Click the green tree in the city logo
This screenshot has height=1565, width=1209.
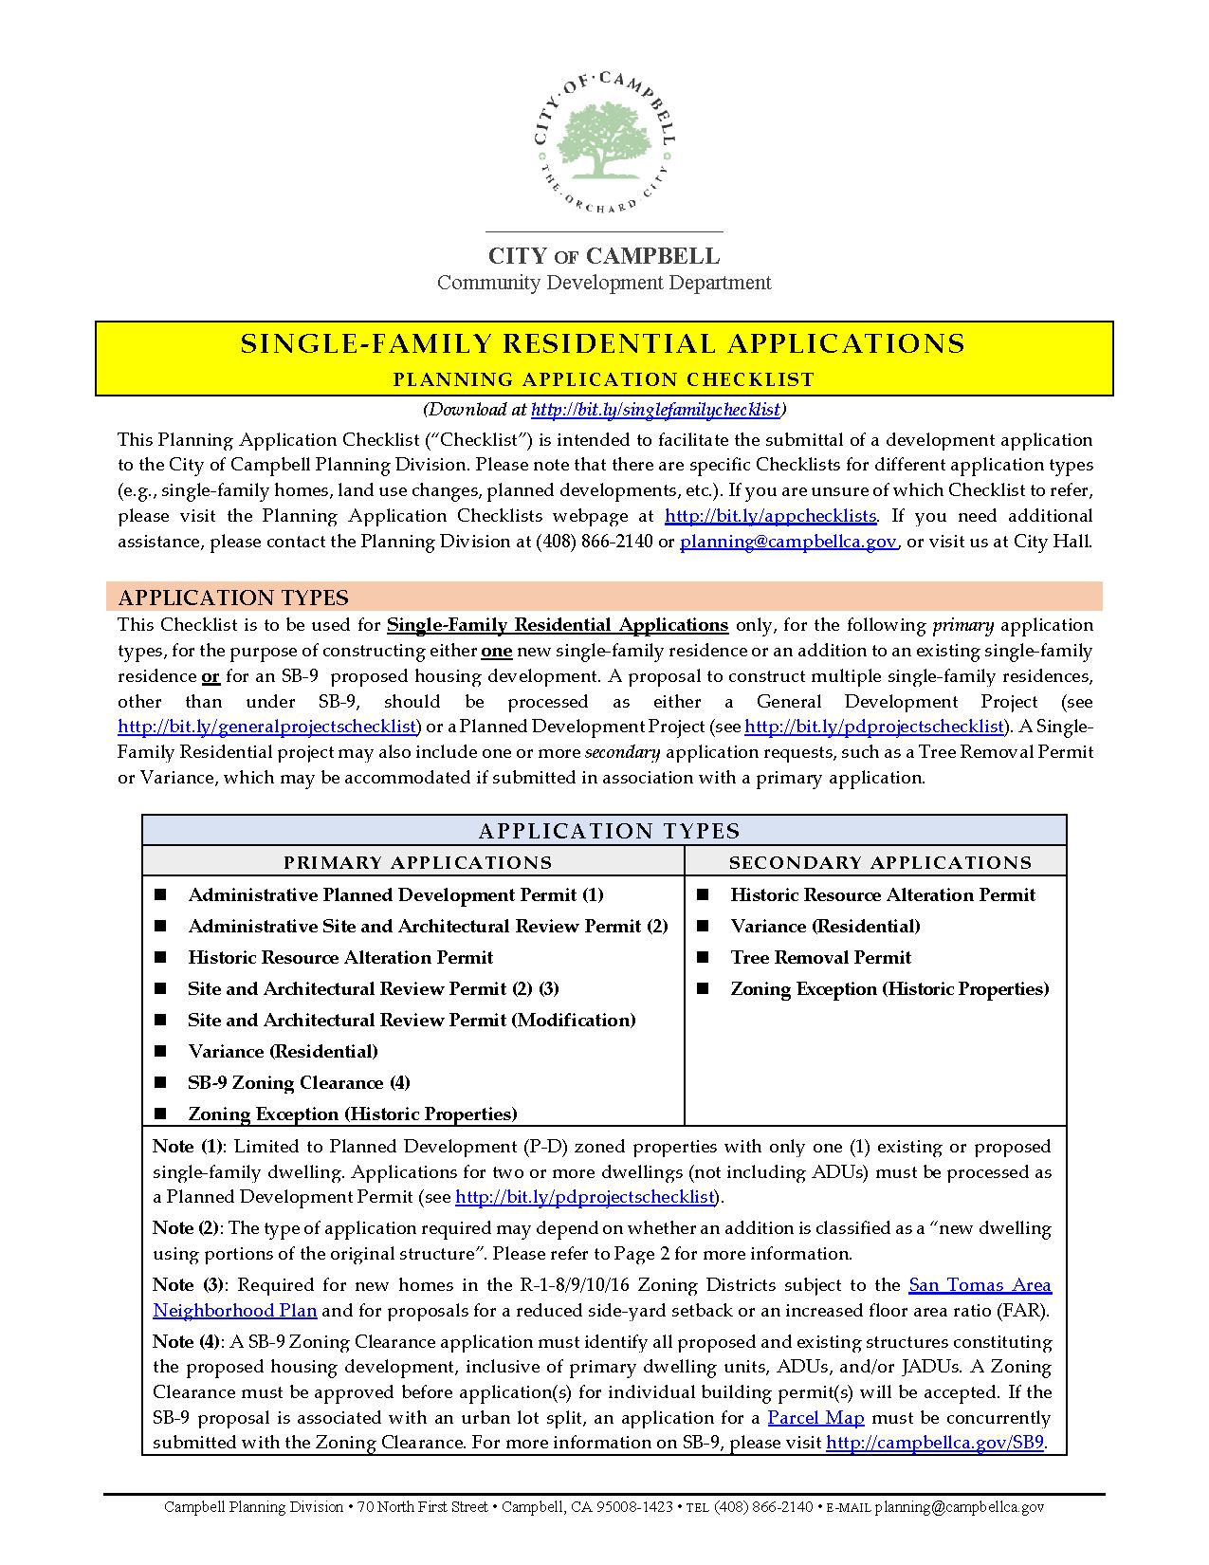pos(603,138)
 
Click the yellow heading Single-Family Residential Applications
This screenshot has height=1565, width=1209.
pos(603,343)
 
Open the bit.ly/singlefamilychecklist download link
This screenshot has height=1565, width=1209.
pos(655,410)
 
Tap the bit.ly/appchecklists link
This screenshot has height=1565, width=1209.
pos(770,516)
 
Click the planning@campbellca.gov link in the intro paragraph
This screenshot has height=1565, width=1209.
pos(788,542)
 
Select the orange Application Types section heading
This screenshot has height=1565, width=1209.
pos(233,598)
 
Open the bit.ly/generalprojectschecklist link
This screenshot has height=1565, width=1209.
pos(267,727)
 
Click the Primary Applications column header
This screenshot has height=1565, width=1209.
pos(417,862)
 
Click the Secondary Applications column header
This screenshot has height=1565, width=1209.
pos(880,862)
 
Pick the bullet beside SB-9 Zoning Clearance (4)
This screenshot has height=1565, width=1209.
pos(160,1082)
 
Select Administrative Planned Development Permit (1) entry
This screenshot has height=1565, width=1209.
pos(395,894)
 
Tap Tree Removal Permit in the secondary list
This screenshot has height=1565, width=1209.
pos(820,957)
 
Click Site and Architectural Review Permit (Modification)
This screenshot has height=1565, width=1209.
pos(412,1020)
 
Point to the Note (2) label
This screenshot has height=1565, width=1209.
pos(187,1227)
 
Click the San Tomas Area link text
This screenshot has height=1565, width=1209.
pos(980,1285)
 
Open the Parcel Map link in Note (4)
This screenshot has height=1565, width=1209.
pos(815,1418)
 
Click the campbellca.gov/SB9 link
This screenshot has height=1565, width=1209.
pos(935,1443)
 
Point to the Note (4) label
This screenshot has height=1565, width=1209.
pos(187,1342)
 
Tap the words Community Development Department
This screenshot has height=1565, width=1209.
pos(603,283)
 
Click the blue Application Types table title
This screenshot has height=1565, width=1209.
pos(609,831)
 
